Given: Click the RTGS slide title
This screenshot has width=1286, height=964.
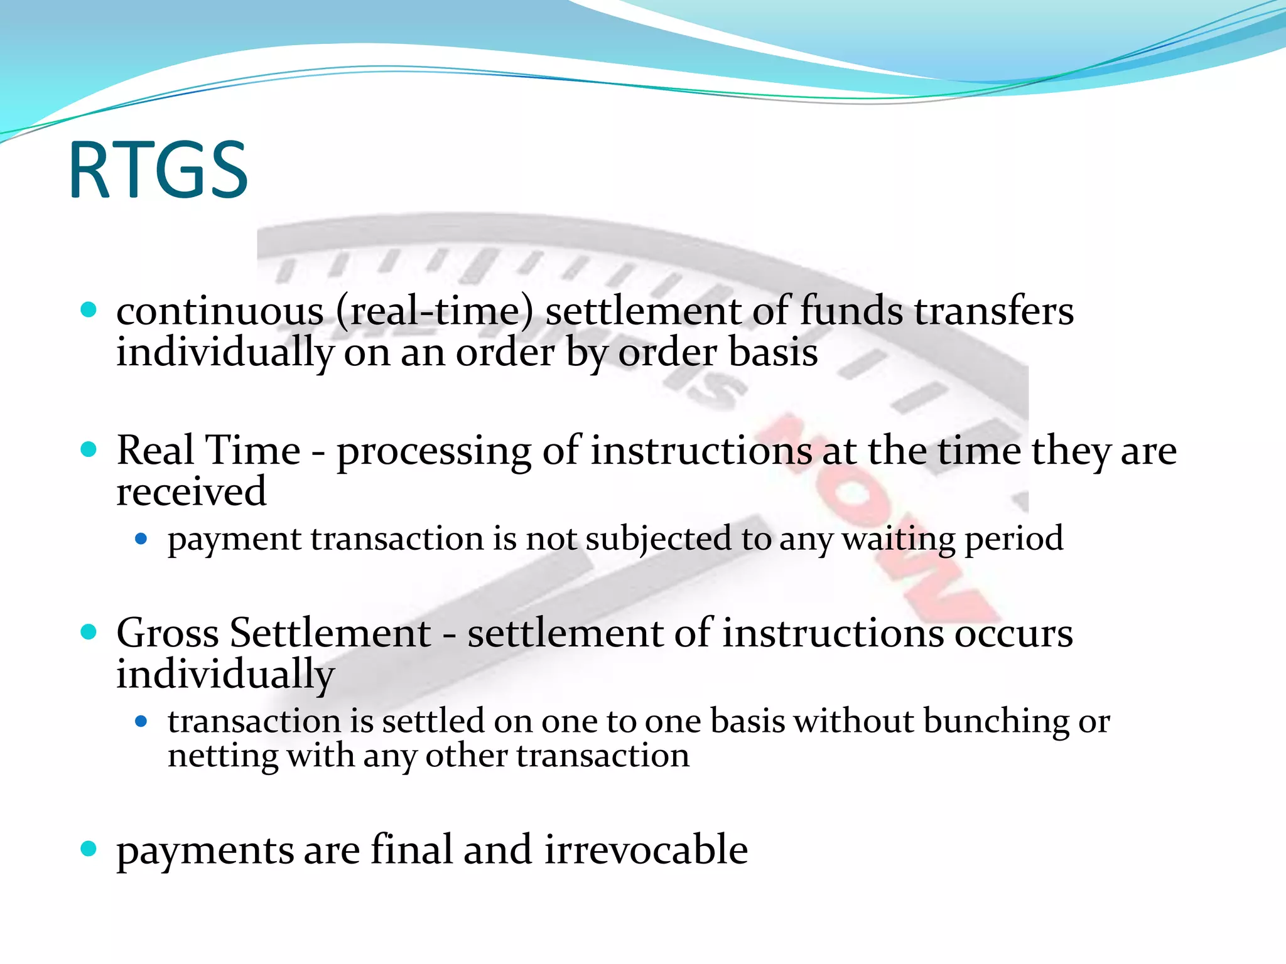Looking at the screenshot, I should [158, 170].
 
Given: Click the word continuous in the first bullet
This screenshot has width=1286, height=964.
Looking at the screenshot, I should [220, 312].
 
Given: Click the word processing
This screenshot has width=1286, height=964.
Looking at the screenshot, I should [434, 452].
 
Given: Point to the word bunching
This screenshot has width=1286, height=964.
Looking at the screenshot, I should [996, 722].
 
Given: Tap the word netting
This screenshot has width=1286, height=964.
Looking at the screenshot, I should [222, 756].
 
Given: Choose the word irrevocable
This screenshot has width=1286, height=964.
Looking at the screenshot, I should [646, 850].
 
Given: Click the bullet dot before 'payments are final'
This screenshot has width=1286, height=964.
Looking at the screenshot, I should [89, 850].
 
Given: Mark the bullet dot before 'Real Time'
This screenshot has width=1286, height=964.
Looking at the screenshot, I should [89, 449].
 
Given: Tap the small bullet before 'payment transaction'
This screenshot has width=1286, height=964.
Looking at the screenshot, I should [141, 539].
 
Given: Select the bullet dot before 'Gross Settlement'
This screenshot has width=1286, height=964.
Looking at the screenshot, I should [89, 632].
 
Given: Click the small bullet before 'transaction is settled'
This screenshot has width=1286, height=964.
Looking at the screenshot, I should [141, 722].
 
